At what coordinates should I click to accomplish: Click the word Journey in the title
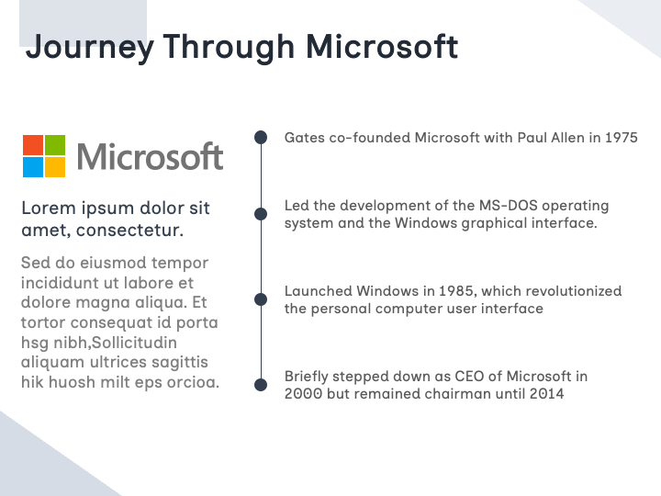[x=90, y=48]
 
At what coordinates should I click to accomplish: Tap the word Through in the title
[x=229, y=47]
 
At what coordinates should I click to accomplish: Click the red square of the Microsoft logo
[x=33, y=145]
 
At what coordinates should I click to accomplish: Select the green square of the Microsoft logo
[x=55, y=145]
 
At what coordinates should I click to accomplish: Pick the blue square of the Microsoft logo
[x=33, y=167]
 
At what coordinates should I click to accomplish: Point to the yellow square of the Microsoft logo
[x=55, y=167]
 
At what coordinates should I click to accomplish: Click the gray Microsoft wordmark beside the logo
[x=150, y=156]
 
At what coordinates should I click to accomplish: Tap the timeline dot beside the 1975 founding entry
[x=261, y=137]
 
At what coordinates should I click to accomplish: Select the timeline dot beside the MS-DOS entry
[x=261, y=214]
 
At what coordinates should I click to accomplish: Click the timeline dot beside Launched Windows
[x=261, y=299]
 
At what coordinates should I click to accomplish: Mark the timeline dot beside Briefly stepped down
[x=261, y=385]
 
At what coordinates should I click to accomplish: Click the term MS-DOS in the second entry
[x=508, y=206]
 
